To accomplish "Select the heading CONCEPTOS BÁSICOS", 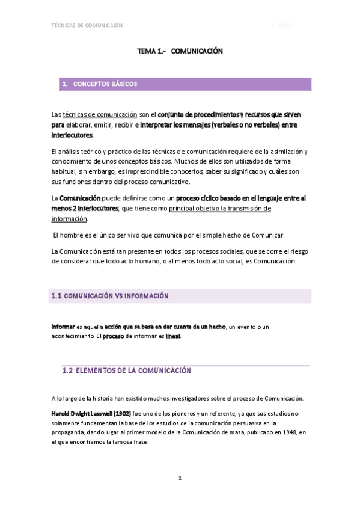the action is pos(105,84).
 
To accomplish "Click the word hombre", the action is pos(74,235).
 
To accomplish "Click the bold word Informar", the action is pos(63,326).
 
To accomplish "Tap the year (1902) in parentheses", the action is pos(122,414).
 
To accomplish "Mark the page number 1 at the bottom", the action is pos(180,478).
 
